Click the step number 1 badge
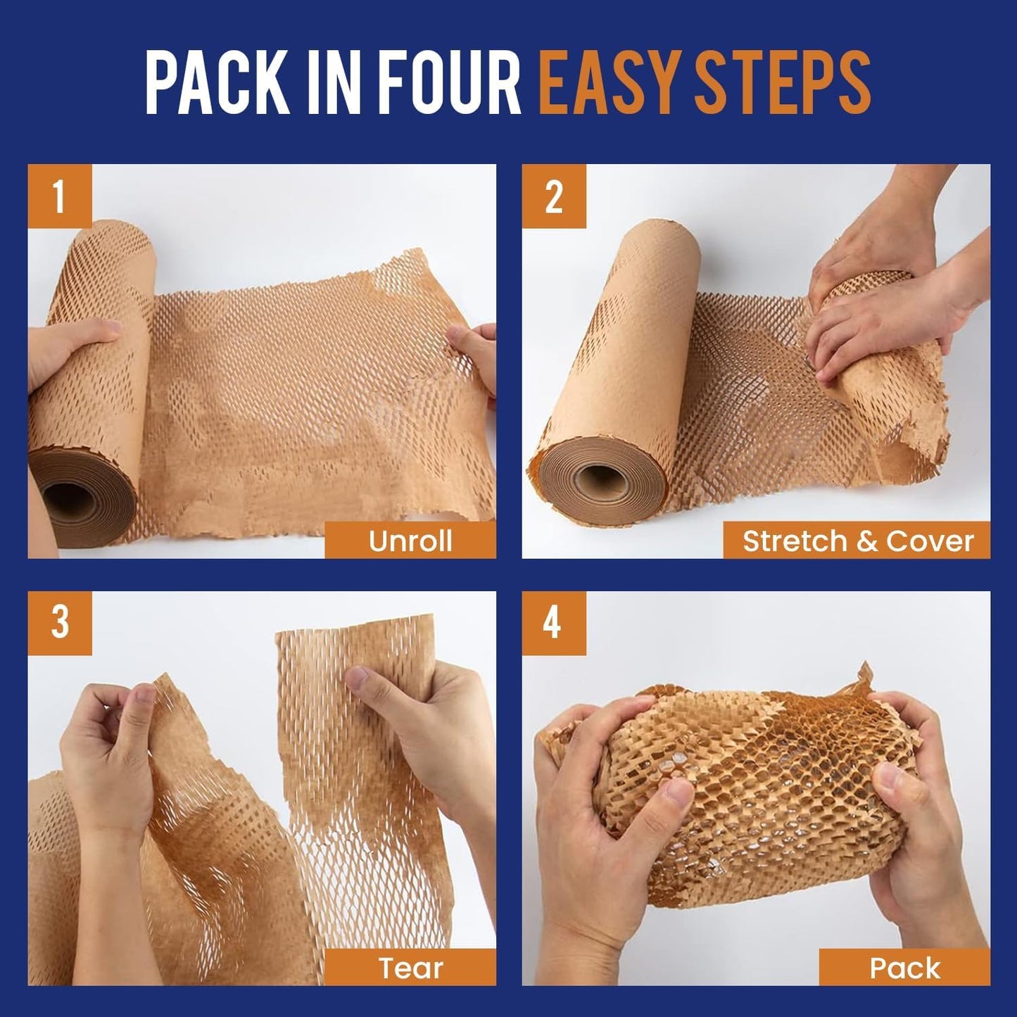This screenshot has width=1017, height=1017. (60, 196)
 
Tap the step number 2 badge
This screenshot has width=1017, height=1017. (554, 196)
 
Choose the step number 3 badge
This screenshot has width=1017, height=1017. (60, 623)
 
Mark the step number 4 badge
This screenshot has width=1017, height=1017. (554, 623)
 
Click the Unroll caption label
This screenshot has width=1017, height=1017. (410, 541)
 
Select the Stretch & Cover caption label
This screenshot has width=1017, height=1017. (857, 541)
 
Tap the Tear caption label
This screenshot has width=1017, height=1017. (410, 968)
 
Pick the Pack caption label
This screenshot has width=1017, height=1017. (904, 968)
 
